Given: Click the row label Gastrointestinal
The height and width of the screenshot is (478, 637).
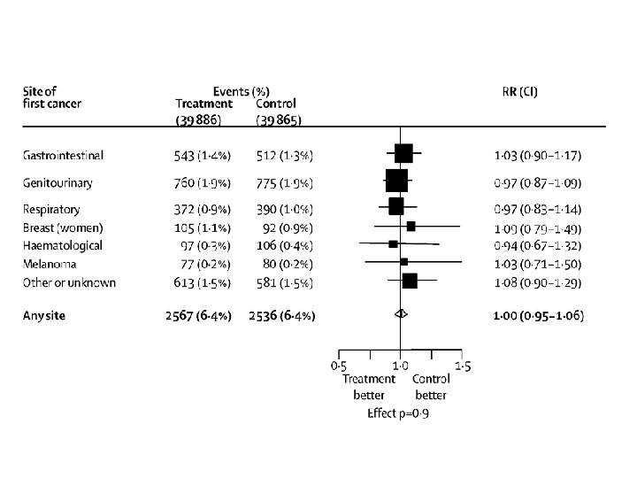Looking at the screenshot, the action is [x=63, y=155].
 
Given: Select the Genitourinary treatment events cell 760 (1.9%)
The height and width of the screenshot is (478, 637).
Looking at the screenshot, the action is [x=203, y=183].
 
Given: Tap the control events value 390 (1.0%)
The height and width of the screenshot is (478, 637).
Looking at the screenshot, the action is [x=284, y=209].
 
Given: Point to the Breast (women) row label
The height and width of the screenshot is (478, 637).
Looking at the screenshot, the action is [x=63, y=227].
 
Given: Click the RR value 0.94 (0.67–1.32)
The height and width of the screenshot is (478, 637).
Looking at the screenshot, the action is [x=538, y=245].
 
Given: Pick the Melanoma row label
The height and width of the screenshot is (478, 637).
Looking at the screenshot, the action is [x=50, y=264].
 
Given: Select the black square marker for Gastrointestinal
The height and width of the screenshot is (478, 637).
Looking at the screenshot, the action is [x=403, y=153].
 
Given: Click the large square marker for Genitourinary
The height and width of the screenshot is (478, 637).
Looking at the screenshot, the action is [x=396, y=181].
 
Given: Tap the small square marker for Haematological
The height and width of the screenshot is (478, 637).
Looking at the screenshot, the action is [x=393, y=244].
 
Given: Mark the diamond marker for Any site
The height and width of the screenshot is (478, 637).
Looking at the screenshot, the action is [x=401, y=313].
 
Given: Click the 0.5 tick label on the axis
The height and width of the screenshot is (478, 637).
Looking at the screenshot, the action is [x=338, y=366].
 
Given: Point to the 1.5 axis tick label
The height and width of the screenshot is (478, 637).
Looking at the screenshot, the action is [x=463, y=366].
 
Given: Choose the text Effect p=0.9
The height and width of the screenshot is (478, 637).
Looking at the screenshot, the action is [x=398, y=413].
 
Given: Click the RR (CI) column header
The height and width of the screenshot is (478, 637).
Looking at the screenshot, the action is [x=519, y=91].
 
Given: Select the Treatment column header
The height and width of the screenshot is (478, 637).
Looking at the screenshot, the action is [x=204, y=104].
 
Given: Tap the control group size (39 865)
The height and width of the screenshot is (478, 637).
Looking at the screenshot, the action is [x=279, y=120].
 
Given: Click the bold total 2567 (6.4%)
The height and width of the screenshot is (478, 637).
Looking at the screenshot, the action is [x=198, y=316].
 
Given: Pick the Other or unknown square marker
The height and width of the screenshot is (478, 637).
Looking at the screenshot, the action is [x=410, y=281].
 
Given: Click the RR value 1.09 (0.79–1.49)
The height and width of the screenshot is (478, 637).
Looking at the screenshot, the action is [x=538, y=228].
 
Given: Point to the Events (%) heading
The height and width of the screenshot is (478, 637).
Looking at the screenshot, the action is [x=242, y=91].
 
